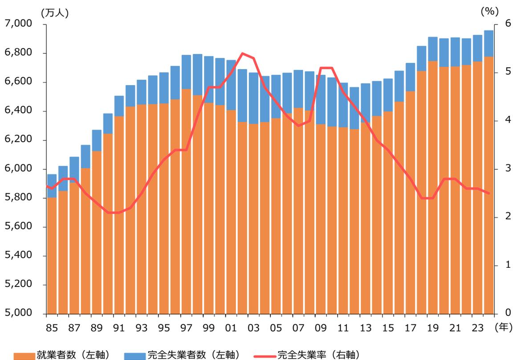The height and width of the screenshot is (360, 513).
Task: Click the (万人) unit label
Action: click(54, 13)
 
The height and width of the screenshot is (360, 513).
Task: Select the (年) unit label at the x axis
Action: click(503, 327)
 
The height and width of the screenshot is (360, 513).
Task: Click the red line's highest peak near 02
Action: click(242, 53)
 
